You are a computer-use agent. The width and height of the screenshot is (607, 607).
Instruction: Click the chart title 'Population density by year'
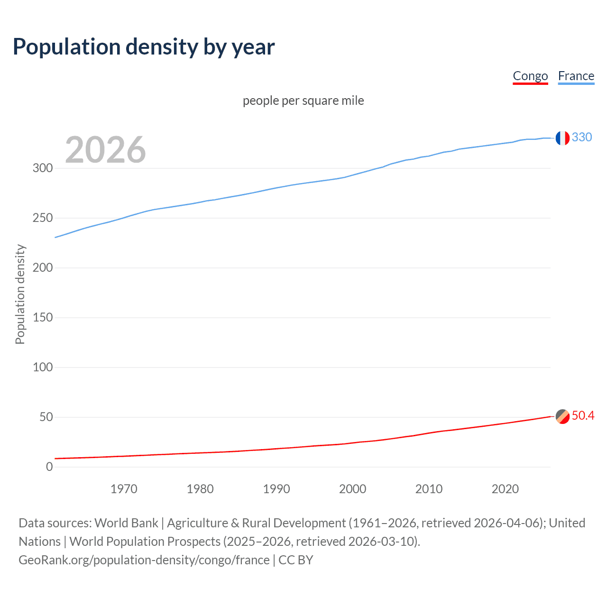pyautogui.click(x=144, y=47)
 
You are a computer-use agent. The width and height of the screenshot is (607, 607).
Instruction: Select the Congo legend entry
pyautogui.click(x=530, y=76)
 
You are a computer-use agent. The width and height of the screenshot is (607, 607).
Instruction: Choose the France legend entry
pyautogui.click(x=576, y=76)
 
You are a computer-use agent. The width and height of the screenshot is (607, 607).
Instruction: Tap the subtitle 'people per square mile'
pyautogui.click(x=303, y=101)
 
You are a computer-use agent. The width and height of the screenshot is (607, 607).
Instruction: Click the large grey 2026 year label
pyautogui.click(x=105, y=150)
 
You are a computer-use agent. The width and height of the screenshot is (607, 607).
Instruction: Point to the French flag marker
pyautogui.click(x=562, y=138)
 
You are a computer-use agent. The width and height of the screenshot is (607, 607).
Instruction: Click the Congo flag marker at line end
pyautogui.click(x=562, y=416)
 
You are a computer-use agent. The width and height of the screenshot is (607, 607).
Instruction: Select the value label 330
pyautogui.click(x=582, y=137)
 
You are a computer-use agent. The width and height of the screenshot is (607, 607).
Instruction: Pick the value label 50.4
pyautogui.click(x=583, y=416)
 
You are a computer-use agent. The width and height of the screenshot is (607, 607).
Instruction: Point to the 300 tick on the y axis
pyautogui.click(x=43, y=168)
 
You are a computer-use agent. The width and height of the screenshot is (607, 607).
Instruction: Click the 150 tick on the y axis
pyautogui.click(x=43, y=317)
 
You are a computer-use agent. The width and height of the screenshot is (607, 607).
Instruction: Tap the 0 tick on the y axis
pyautogui.click(x=49, y=467)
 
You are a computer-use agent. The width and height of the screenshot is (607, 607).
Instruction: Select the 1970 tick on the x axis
pyautogui.click(x=124, y=489)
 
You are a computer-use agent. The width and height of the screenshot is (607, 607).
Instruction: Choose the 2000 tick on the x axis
pyautogui.click(x=352, y=489)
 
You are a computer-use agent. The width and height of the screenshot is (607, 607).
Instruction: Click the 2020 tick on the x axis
pyautogui.click(x=505, y=489)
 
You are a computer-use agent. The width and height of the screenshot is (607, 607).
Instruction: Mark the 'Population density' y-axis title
pyautogui.click(x=20, y=294)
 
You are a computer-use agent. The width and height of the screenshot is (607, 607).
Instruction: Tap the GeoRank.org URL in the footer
pyautogui.click(x=144, y=560)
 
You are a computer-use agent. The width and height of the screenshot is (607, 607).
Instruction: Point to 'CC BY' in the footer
pyautogui.click(x=296, y=560)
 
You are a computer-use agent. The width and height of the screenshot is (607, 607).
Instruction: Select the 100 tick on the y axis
pyautogui.click(x=43, y=367)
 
